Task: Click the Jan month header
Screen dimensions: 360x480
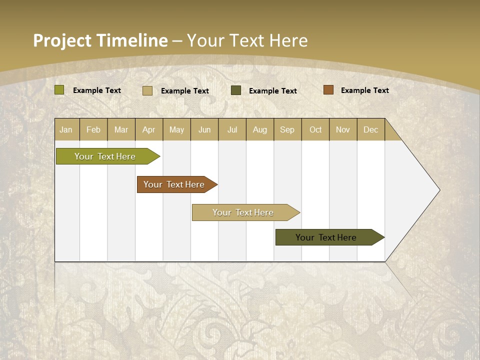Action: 66,129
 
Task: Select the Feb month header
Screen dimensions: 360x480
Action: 93,129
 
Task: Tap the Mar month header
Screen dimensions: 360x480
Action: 121,129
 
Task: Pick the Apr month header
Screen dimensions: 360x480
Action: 149,129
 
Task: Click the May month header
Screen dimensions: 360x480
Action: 176,129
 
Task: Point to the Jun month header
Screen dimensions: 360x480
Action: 204,129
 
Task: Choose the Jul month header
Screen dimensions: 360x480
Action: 232,129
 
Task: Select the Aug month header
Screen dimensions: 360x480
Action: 260,129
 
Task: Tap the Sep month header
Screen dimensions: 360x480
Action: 287,129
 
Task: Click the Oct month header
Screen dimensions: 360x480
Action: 315,129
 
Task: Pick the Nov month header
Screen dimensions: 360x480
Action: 343,129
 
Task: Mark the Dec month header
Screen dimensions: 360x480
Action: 371,129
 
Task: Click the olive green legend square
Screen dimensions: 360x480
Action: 59,90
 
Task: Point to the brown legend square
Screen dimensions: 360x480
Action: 328,90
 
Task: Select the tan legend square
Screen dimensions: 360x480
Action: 147,90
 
